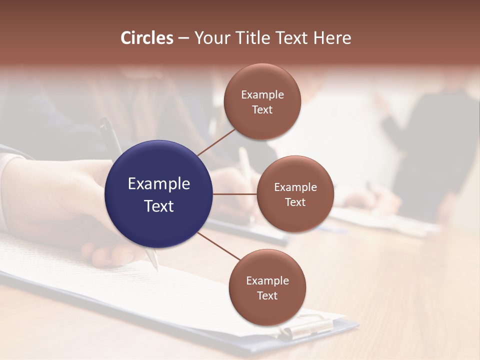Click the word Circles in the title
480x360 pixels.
[x=147, y=38]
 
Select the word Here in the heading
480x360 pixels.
[x=332, y=38]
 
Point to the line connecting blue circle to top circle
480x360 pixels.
[x=216, y=141]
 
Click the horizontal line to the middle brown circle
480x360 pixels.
[x=234, y=194]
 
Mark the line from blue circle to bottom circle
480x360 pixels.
[x=219, y=246]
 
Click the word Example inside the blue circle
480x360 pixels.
[x=159, y=184]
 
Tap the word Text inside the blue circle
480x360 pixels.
[x=159, y=206]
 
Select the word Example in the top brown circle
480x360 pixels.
[x=262, y=95]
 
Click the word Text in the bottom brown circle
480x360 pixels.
[x=267, y=295]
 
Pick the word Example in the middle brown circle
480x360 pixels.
[x=295, y=187]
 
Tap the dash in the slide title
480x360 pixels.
[x=183, y=38]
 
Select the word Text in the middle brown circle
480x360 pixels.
[x=295, y=202]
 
